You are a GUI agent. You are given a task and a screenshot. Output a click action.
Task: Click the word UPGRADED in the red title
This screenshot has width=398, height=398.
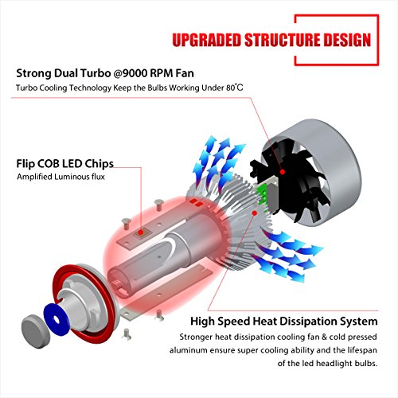(x=207, y=40)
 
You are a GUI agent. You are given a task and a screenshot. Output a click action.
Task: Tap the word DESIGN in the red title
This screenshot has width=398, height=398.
(x=347, y=40)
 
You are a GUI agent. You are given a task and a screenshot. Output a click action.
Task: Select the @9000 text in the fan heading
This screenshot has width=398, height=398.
(x=131, y=73)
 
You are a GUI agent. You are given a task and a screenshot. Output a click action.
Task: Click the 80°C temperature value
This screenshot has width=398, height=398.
(x=235, y=88)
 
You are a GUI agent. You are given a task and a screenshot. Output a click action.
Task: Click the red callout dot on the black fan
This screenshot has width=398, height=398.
(x=283, y=172)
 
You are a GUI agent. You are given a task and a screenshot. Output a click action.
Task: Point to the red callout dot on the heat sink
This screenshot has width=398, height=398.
(x=255, y=213)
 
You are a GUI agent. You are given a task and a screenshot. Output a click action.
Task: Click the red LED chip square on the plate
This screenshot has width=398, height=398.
(x=141, y=233)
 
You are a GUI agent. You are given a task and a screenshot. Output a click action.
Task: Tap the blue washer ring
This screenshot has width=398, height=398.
(x=57, y=319)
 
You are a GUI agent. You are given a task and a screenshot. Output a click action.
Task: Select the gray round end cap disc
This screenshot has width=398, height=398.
(x=35, y=329)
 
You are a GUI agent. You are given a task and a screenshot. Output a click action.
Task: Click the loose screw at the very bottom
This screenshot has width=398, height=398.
(x=127, y=334)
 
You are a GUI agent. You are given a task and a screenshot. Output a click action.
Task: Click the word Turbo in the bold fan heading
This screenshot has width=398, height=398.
(x=96, y=73)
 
